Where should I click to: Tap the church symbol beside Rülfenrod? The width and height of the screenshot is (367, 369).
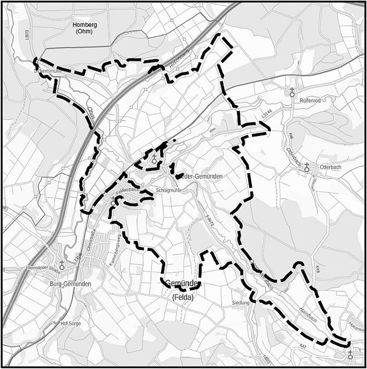point(292,92)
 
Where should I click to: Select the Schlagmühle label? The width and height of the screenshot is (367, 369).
point(168,191)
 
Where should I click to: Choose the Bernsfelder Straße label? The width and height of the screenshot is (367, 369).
point(42,268)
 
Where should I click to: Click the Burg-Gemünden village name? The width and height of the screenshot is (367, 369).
point(71,284)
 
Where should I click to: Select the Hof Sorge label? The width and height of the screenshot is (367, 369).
point(70,323)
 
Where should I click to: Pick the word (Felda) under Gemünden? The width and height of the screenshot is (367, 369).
point(183,297)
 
